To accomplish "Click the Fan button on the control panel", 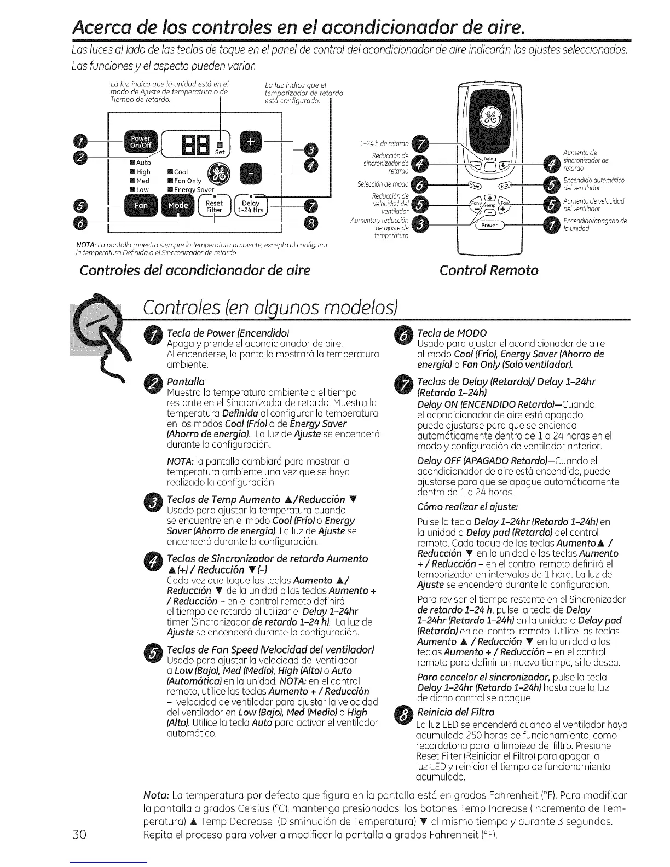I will (x=141, y=206).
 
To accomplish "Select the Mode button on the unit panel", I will (x=177, y=206).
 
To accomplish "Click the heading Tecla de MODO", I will (x=452, y=333).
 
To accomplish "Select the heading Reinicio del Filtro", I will (x=455, y=712).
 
